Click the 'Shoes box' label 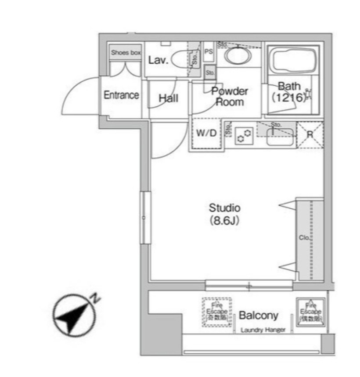click(x=126, y=53)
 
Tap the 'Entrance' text click(x=121, y=95)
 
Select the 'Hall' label click(x=168, y=98)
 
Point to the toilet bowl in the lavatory click(x=180, y=60)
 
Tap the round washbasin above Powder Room click(x=238, y=56)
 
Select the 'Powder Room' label click(x=229, y=97)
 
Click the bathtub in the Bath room click(x=292, y=62)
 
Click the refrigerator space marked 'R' click(x=310, y=134)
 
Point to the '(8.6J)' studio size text click(x=224, y=221)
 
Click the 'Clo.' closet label click(x=304, y=238)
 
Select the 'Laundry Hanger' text click(x=263, y=330)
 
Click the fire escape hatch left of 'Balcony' click(x=216, y=312)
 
